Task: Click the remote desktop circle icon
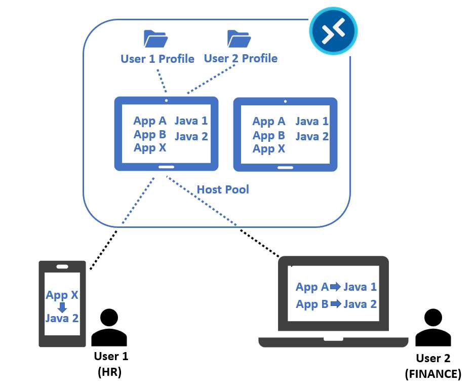point(333,29)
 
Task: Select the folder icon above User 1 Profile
point(155,39)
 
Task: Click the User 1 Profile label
point(157,59)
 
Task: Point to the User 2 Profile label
point(241,58)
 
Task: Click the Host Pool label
point(223,189)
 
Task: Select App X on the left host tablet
point(150,148)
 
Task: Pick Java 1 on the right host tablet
point(312,122)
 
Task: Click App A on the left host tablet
point(150,121)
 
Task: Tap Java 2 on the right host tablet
point(312,136)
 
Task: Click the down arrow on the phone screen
point(62,307)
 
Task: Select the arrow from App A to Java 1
point(336,287)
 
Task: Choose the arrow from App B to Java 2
point(336,304)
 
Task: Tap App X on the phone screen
point(62,295)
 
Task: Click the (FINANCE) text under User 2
point(433,374)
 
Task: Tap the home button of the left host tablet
point(166,167)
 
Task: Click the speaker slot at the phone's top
point(62,266)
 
